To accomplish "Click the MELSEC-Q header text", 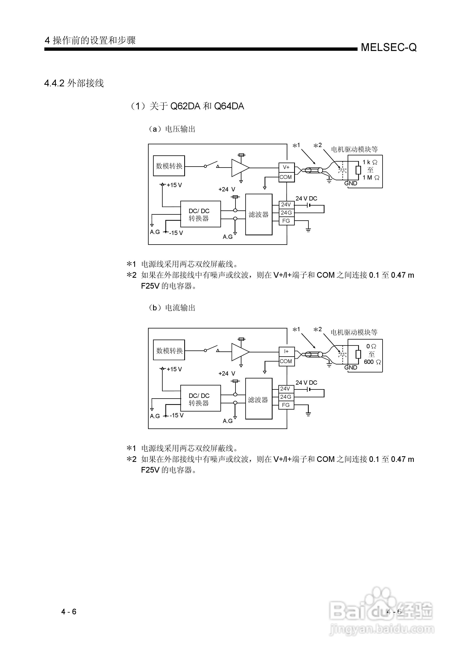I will pyautogui.click(x=388, y=47).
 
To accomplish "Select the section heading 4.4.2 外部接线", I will pyautogui.click(x=74, y=83).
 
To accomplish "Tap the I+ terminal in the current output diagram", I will pyautogui.click(x=286, y=351).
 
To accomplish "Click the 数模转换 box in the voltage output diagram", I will pyautogui.click(x=169, y=166).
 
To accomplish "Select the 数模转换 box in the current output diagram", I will pyautogui.click(x=169, y=350).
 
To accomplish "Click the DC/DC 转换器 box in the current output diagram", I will pyautogui.click(x=200, y=399).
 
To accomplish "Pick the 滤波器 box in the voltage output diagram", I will pyautogui.click(x=259, y=215).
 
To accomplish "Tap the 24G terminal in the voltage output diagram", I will pyautogui.click(x=286, y=213).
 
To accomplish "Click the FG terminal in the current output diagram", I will pyautogui.click(x=286, y=405).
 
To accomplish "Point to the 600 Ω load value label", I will pyautogui.click(x=372, y=362).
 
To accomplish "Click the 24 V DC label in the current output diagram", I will pyautogui.click(x=306, y=383).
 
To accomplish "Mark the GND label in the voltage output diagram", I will pyautogui.click(x=351, y=183).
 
